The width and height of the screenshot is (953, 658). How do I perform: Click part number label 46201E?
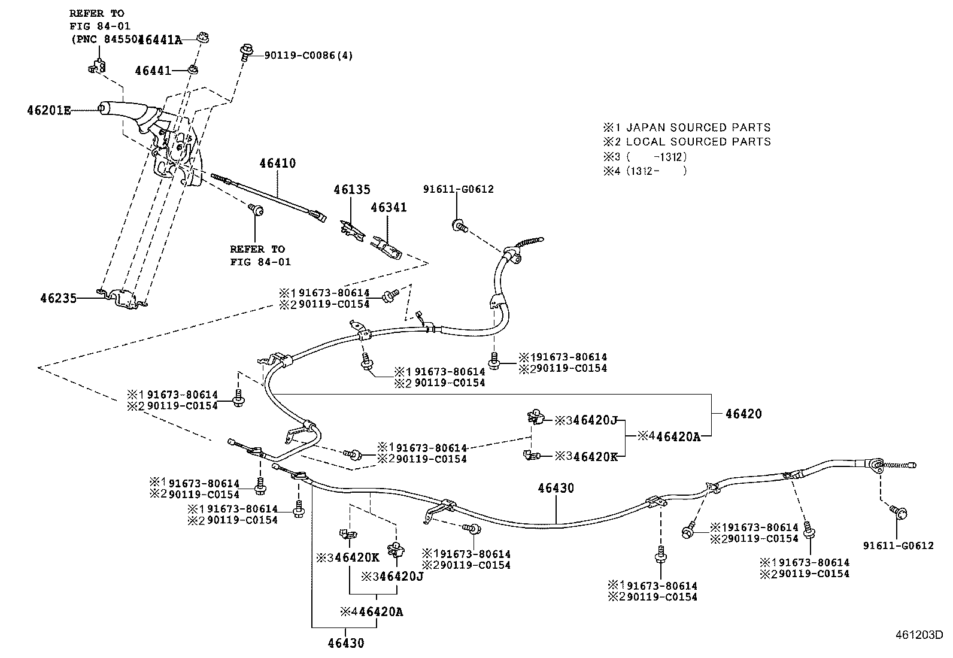coord(48,111)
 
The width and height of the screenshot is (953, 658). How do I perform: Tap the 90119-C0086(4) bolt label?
coord(309,56)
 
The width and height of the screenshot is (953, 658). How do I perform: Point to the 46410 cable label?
coord(277,163)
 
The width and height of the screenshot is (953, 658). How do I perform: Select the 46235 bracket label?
coord(58,298)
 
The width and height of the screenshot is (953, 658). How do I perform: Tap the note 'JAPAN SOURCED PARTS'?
coord(698,128)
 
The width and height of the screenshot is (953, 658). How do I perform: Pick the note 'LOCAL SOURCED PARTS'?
coord(698,142)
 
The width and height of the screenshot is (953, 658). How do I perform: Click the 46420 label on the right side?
coord(743,414)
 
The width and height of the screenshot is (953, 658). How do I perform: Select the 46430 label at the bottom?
coord(345,644)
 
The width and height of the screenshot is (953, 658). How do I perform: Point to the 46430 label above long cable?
coord(556,489)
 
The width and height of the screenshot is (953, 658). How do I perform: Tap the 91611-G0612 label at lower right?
coord(898,545)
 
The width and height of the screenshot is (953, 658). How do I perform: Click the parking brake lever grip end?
coord(103,108)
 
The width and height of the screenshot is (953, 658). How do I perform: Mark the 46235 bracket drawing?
coord(123,298)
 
